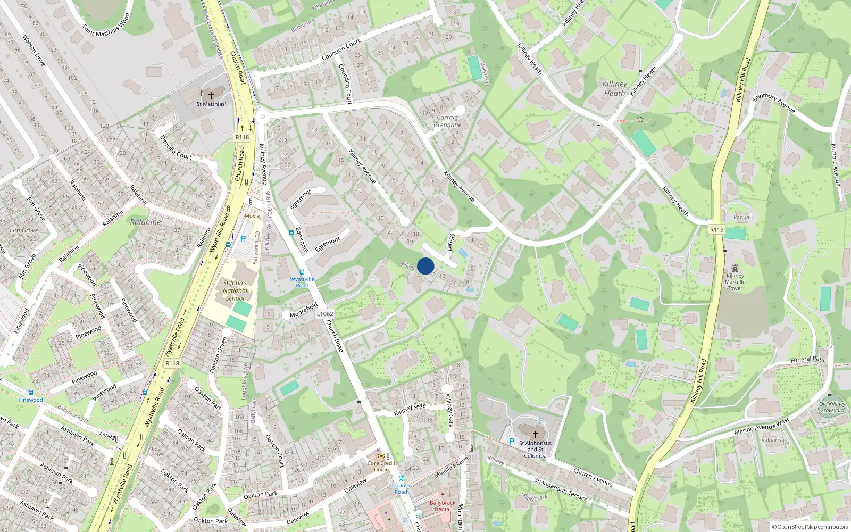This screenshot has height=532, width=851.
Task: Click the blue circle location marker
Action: click(425, 266)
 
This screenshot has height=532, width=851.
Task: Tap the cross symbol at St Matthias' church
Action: click(211, 96)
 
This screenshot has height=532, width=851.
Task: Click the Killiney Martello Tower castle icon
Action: click(735, 268)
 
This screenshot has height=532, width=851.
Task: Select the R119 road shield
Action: click(716, 230)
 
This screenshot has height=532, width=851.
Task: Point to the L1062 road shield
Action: click(325, 314)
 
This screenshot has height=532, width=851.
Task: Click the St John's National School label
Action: click(235, 290)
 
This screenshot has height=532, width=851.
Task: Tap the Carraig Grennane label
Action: click(447, 121)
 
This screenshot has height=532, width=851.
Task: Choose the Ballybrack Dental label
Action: click(443, 506)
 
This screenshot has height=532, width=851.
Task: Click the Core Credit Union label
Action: click(381, 466)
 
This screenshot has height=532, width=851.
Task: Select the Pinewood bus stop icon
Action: click(30, 393)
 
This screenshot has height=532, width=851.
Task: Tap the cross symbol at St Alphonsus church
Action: click(536, 434)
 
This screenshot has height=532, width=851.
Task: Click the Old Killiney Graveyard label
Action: click(832, 407)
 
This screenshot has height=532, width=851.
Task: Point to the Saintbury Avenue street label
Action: click(774, 103)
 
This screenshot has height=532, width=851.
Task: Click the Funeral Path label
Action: click(807, 360)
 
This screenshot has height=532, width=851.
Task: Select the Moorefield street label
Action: click(304, 310)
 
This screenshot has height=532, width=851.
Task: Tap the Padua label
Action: click(741, 217)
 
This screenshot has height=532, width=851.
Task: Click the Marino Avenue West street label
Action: click(762, 427)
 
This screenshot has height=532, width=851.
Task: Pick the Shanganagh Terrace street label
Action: click(561, 488)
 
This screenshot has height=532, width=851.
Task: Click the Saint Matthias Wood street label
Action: click(106, 25)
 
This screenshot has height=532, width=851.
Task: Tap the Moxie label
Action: click(252, 216)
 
